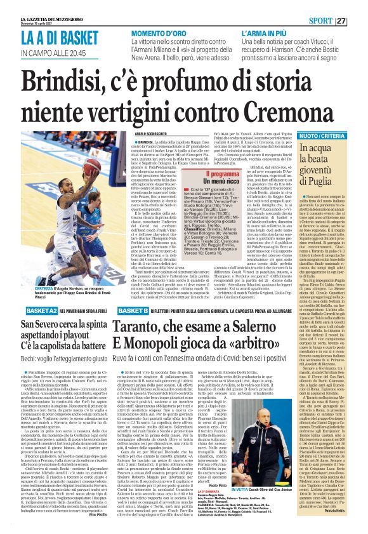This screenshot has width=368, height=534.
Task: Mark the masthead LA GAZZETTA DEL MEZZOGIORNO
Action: click(x=29, y=4)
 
